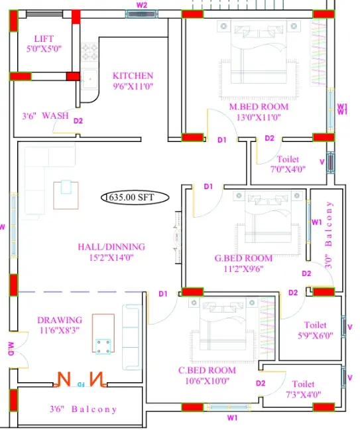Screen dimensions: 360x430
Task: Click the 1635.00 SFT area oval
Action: coord(135,197)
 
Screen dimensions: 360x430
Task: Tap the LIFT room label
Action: coord(44,38)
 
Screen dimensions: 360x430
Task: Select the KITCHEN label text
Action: coord(133,76)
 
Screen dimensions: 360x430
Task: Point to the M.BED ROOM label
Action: coord(259,107)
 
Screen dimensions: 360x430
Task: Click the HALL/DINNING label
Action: coord(111,247)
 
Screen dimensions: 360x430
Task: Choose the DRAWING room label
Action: coord(60,320)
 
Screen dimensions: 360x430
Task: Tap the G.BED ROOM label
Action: coord(243,258)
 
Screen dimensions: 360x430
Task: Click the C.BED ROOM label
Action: coord(207,370)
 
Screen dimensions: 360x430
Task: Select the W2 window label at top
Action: coord(142,5)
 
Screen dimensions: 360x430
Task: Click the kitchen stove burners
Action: coord(90,52)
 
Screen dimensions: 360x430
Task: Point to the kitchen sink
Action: coord(90,79)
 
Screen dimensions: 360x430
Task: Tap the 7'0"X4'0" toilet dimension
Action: coord(288,169)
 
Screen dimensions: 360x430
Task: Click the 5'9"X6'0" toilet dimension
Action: coord(316,335)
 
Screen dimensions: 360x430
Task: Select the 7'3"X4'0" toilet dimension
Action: coord(304,395)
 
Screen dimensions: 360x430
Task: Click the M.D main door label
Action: coord(11,348)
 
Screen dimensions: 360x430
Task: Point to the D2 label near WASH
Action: coord(78,121)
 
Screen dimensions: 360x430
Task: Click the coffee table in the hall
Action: coord(66,194)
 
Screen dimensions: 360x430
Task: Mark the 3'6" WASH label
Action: coord(46,115)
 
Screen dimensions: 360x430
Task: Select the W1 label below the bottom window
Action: coord(232,418)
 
